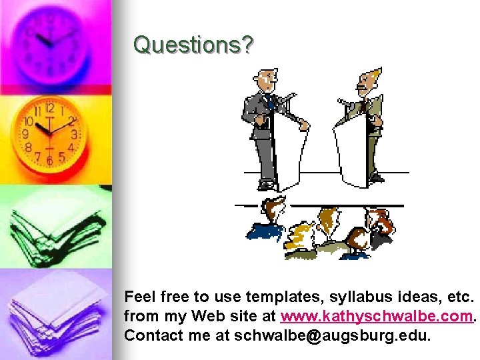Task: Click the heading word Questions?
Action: [x=193, y=45]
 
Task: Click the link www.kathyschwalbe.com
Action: [x=378, y=315]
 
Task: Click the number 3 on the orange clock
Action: [x=73, y=135]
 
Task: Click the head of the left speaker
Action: [x=267, y=81]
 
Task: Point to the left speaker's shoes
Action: [x=267, y=185]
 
